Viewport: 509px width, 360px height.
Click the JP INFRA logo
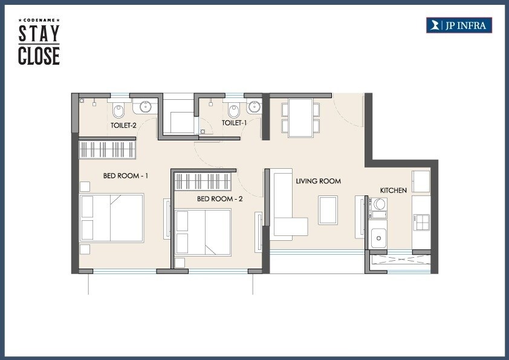(x=459, y=25)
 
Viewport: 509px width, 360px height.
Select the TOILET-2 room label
(x=123, y=126)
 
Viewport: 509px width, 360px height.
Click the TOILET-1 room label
(x=234, y=123)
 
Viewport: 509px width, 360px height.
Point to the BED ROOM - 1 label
(x=126, y=176)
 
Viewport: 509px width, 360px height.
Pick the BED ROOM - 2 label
(x=219, y=198)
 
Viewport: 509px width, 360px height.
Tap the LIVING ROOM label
(x=318, y=181)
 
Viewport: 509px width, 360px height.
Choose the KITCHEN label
(x=393, y=191)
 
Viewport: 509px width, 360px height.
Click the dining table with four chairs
(x=300, y=117)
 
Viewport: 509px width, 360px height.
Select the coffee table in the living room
(x=328, y=210)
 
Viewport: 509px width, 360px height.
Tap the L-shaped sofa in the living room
(x=284, y=206)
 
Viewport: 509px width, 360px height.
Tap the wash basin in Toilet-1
(x=254, y=108)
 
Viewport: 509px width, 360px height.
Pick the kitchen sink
(x=379, y=237)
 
